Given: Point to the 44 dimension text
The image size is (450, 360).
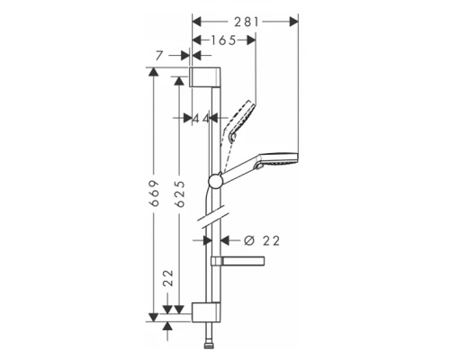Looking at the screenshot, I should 201,118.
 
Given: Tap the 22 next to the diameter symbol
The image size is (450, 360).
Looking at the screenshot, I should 273,240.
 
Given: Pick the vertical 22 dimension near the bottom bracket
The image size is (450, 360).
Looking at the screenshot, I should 168,283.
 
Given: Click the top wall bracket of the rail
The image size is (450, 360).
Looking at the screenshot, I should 205,76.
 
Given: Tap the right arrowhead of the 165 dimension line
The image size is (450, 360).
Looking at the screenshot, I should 254,40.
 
